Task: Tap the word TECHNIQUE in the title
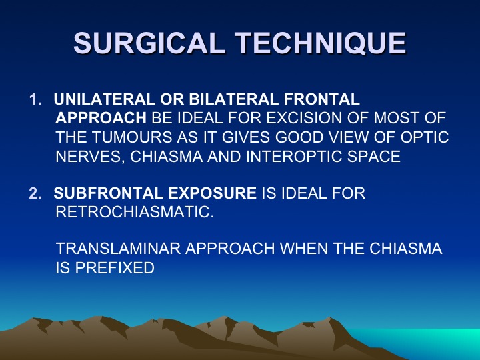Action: click(321, 43)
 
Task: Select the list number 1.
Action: click(35, 99)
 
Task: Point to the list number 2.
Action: click(35, 193)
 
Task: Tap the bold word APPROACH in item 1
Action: click(101, 118)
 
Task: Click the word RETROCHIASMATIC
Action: click(135, 212)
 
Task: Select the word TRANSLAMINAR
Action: click(119, 248)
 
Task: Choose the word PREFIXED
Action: click(115, 267)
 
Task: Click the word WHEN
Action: click(304, 248)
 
